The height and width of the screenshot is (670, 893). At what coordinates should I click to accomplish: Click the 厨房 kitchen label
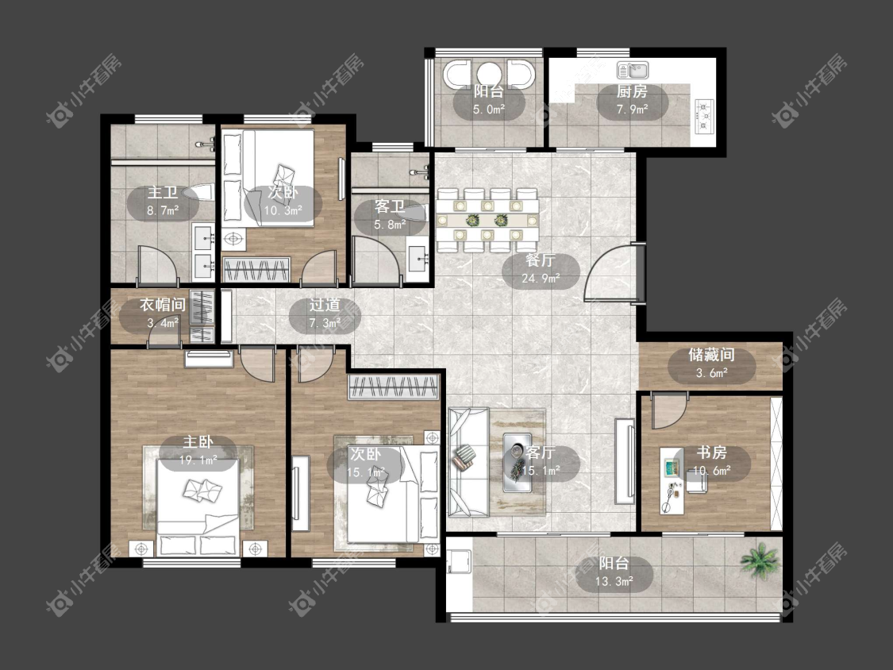click(x=632, y=91)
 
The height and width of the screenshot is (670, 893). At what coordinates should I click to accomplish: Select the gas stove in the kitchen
click(x=705, y=116)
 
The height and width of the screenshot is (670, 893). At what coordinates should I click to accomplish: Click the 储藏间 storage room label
click(x=711, y=355)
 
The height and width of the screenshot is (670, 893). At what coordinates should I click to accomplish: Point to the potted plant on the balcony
click(x=760, y=560)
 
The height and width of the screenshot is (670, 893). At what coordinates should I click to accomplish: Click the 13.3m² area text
click(x=614, y=582)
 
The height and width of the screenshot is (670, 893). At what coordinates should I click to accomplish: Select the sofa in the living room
click(x=468, y=462)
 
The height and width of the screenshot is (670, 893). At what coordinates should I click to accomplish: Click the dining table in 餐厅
click(x=487, y=221)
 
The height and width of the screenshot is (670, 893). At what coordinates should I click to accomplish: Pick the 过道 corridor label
click(x=325, y=306)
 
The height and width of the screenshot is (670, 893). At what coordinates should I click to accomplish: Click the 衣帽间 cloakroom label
click(x=163, y=306)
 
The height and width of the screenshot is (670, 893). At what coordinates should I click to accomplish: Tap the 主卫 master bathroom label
click(x=163, y=193)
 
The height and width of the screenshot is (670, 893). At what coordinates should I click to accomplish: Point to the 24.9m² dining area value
click(x=541, y=279)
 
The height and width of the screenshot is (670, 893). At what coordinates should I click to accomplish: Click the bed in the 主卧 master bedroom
click(x=198, y=507)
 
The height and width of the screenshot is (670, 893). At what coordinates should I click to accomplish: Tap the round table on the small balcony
click(x=489, y=74)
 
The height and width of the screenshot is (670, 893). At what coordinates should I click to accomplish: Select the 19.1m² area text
click(x=198, y=460)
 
